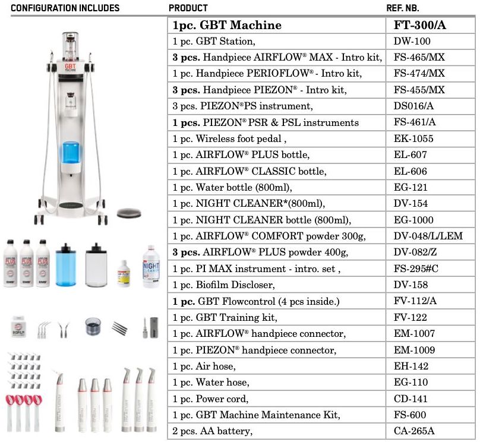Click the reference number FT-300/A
tap(419, 25)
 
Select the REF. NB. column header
tap(403, 8)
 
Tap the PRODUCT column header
tap(188, 8)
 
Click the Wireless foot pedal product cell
tap(229, 139)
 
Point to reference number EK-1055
tap(413, 138)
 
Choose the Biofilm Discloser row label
tap(223, 285)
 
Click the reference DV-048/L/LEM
tap(428, 236)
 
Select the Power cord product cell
tap(210, 399)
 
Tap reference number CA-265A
tap(414, 431)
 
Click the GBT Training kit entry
tap(225, 317)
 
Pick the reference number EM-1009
tap(414, 350)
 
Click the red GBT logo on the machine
tap(70, 67)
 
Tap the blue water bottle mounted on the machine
tap(71, 153)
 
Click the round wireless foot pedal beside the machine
tap(129, 213)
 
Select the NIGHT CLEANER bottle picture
tap(151, 266)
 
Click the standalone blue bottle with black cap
tap(65, 265)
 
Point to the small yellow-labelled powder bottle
tap(124, 274)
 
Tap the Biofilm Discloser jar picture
tap(18, 327)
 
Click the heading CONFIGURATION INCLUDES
tap(65, 8)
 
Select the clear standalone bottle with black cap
tap(96, 265)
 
